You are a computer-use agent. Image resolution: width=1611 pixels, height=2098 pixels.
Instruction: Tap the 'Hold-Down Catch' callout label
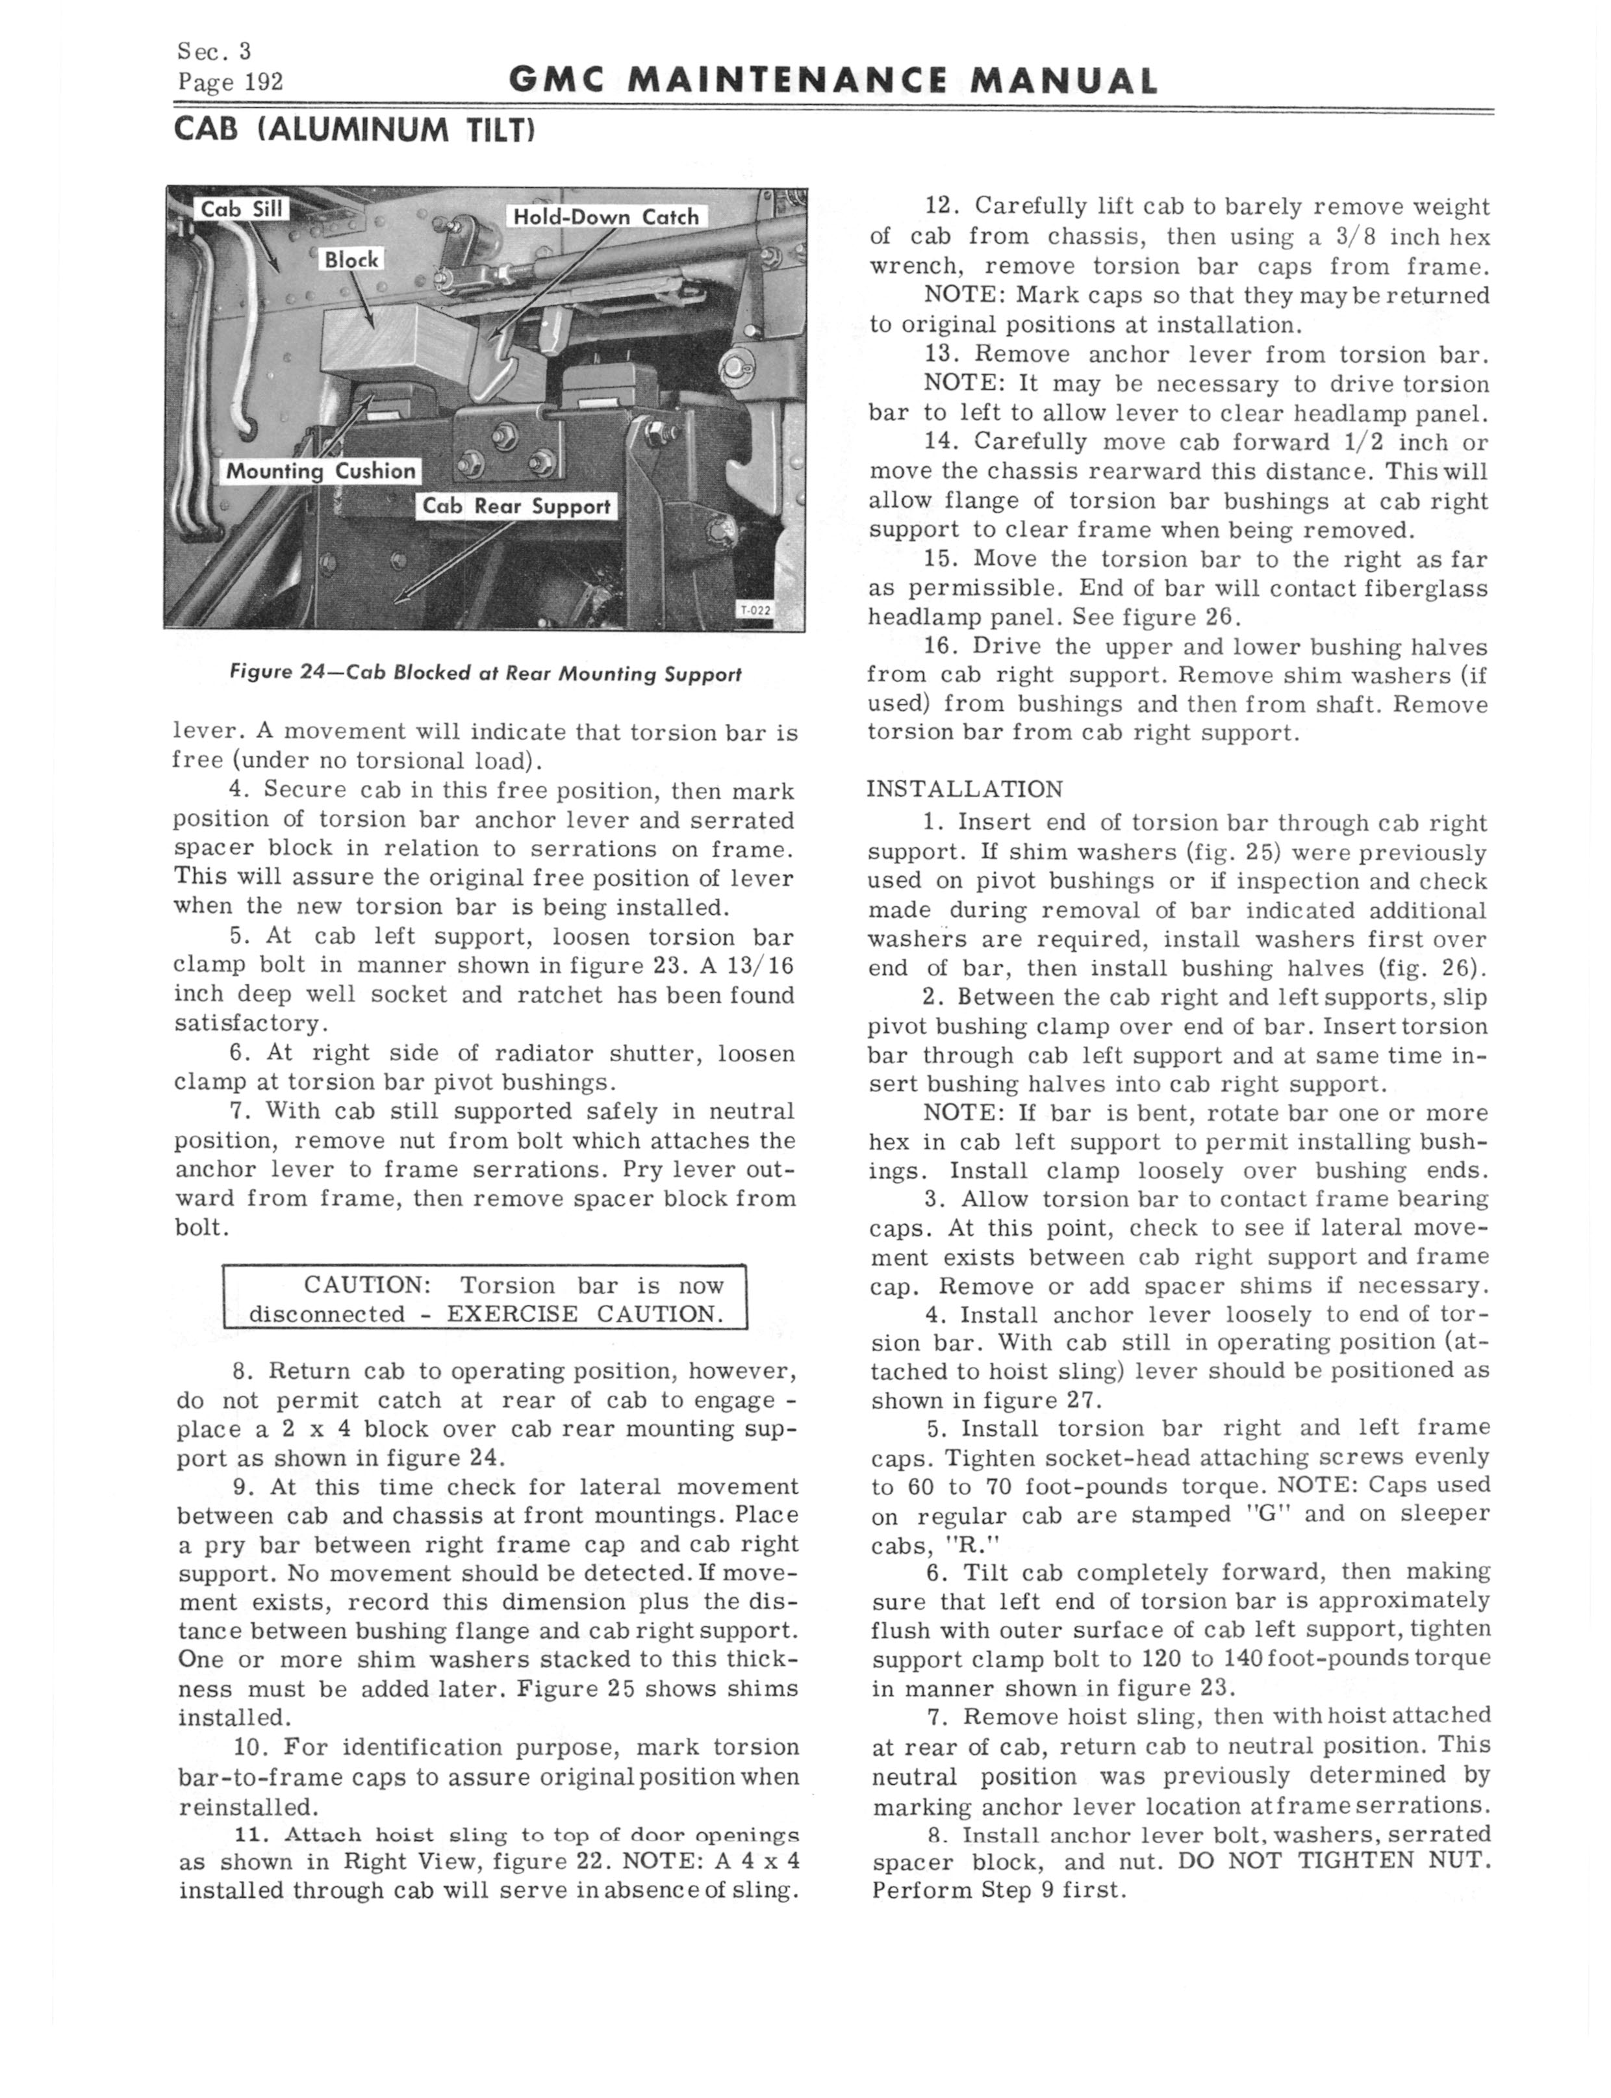(x=606, y=217)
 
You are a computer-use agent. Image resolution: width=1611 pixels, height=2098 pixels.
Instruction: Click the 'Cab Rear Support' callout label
(x=517, y=506)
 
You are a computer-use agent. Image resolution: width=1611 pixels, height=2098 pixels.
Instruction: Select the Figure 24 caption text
(x=485, y=674)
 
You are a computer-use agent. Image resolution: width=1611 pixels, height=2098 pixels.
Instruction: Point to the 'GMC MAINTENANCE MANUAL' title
(x=832, y=81)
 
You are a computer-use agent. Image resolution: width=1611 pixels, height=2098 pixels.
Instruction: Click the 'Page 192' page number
(x=230, y=83)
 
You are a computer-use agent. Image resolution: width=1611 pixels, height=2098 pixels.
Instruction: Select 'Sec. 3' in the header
(x=213, y=51)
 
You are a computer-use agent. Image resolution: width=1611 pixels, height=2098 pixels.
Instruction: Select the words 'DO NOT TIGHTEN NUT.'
(x=1334, y=1861)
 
